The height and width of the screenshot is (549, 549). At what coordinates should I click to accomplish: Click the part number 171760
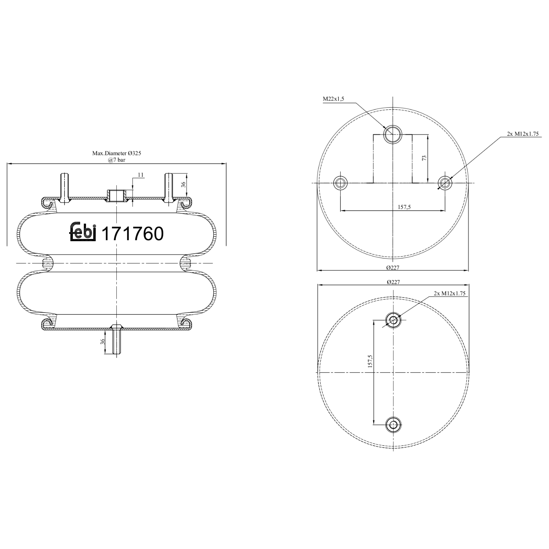click(132, 234)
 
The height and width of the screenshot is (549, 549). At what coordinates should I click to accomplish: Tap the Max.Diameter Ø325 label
click(116, 153)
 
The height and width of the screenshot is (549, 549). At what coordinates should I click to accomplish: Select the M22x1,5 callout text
click(333, 99)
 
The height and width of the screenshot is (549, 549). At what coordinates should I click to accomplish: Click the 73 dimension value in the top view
click(424, 158)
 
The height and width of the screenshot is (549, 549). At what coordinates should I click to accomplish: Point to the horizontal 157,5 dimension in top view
click(404, 207)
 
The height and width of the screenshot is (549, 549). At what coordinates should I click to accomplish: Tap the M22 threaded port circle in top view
click(392, 134)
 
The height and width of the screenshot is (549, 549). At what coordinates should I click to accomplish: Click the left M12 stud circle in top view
click(341, 182)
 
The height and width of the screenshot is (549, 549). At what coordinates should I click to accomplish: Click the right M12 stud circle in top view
click(445, 182)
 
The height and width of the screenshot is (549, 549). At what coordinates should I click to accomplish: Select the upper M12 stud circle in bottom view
click(393, 321)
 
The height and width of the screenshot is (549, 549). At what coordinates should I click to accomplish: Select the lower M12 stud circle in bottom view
click(393, 425)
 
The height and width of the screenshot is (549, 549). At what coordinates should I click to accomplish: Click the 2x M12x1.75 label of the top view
click(523, 134)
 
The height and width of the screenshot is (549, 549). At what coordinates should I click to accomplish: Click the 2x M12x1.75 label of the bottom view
click(449, 293)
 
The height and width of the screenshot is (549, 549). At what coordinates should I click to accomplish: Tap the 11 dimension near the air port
click(140, 175)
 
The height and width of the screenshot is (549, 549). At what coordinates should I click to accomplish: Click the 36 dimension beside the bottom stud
click(103, 341)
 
